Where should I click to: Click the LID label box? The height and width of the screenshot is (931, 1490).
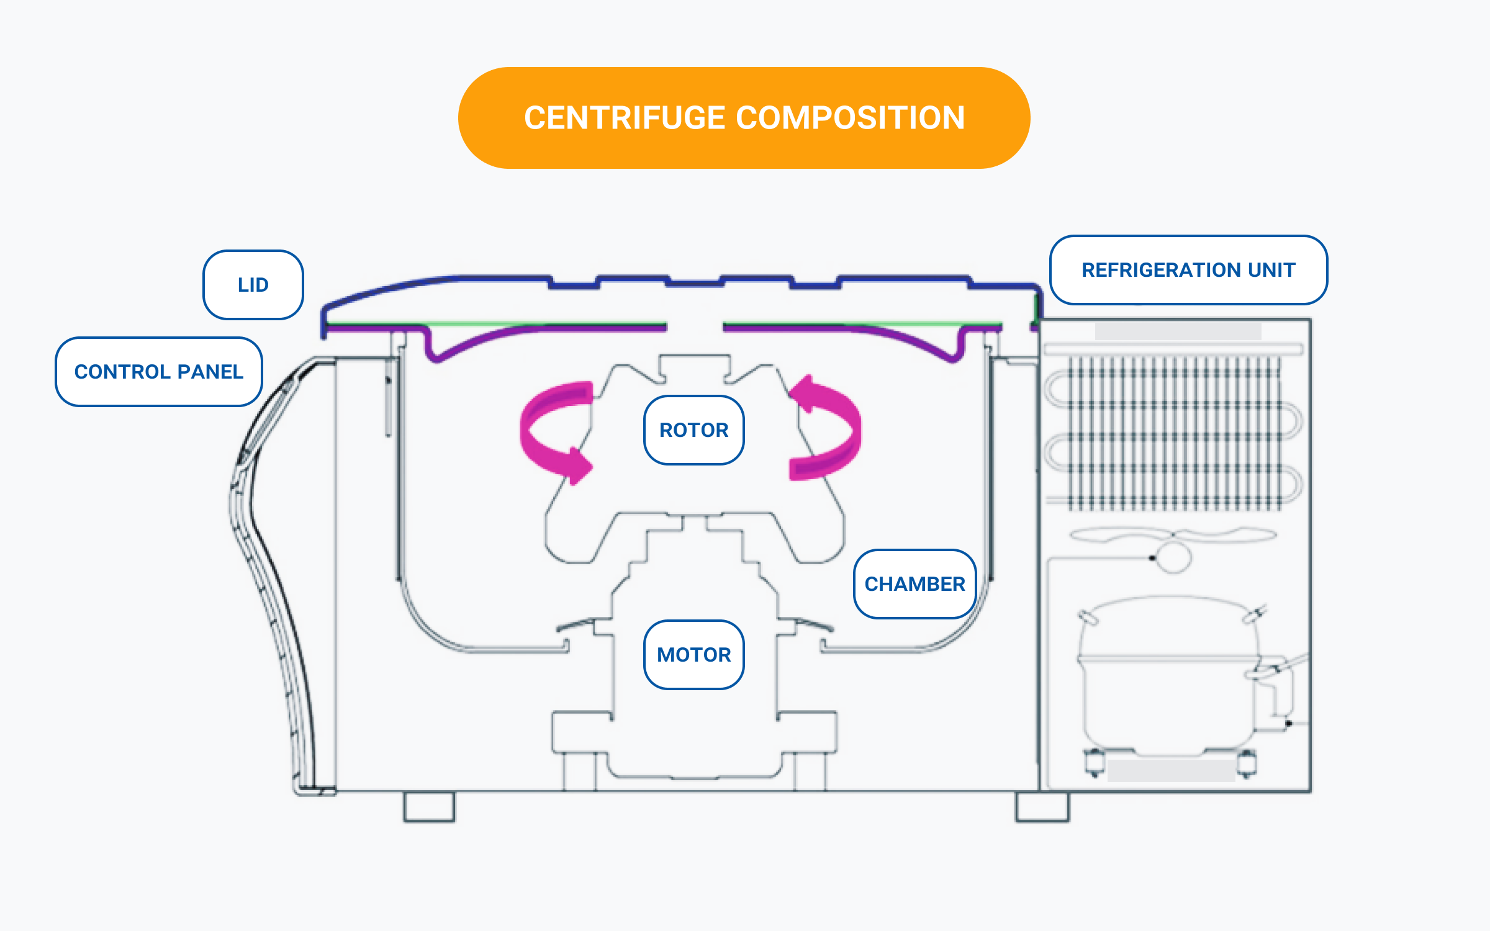click(253, 285)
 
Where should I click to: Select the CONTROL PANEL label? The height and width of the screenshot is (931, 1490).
click(159, 372)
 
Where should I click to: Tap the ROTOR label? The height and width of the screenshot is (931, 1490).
click(693, 430)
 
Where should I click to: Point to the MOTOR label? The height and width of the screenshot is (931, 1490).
click(693, 655)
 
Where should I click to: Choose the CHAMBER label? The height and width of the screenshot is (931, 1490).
click(914, 584)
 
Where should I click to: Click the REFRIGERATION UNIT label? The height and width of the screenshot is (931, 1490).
click(1188, 270)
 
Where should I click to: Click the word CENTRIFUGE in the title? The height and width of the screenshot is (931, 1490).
click(625, 118)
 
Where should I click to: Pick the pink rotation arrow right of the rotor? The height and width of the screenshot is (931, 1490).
click(829, 428)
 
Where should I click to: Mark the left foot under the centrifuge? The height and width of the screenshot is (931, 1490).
click(429, 807)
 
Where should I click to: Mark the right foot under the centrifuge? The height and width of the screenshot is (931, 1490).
click(1042, 807)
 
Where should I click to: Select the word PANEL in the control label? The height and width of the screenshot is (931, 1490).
click(210, 372)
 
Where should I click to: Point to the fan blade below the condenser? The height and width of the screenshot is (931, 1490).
click(1111, 535)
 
